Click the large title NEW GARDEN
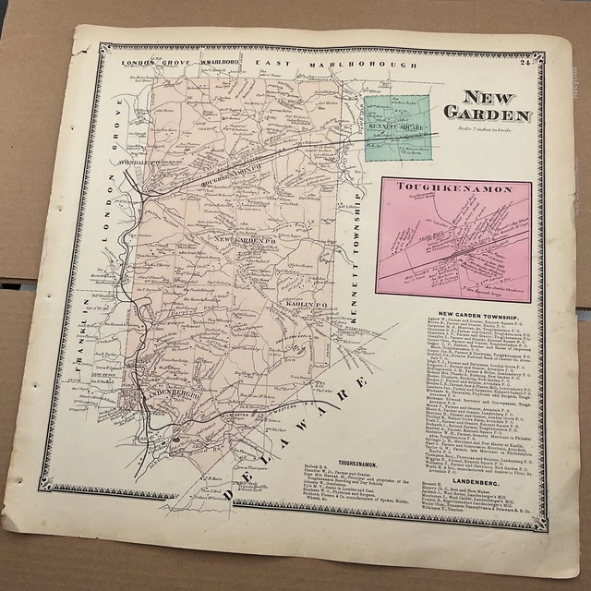[488, 106]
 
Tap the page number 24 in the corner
[548, 62]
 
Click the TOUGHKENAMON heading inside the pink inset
[440, 187]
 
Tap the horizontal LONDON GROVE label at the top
[153, 63]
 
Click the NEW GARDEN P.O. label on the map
[247, 241]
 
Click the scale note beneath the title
[483, 127]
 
